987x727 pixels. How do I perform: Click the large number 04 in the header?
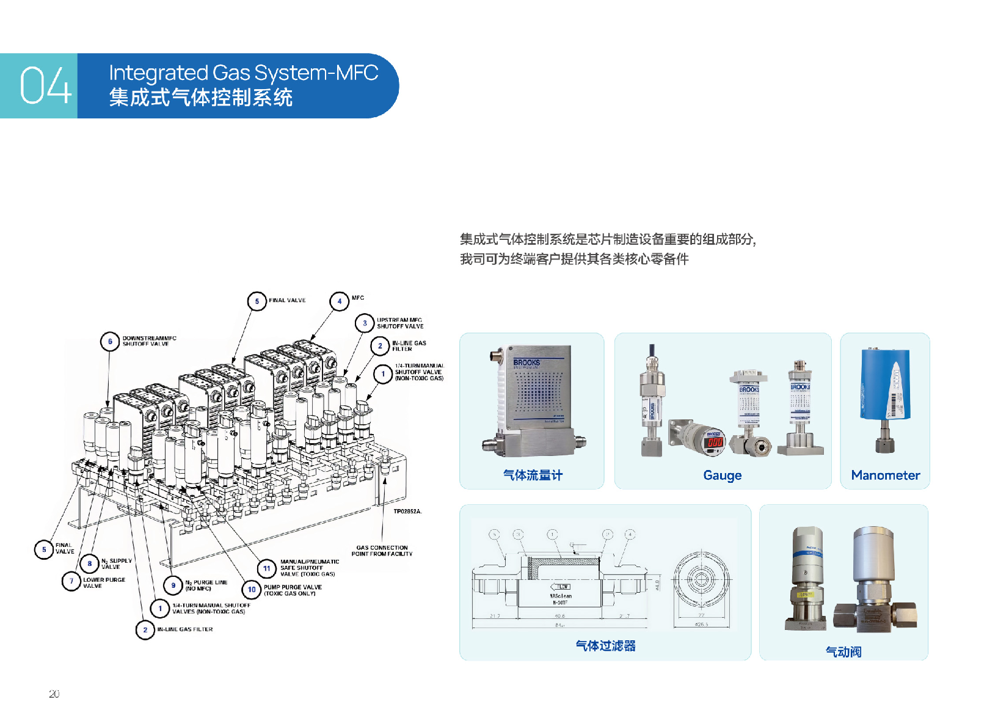(45, 85)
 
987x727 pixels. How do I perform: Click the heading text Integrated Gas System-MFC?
(243, 73)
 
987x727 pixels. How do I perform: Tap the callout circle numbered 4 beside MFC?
(339, 301)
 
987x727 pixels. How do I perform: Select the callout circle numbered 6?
(110, 341)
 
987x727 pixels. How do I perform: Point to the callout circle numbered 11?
(266, 568)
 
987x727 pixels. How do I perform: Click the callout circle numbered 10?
(252, 590)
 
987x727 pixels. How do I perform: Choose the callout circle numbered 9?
(173, 585)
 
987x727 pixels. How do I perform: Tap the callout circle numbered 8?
(90, 563)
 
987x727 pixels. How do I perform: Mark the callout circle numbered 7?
(71, 581)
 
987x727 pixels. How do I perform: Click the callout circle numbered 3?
(365, 323)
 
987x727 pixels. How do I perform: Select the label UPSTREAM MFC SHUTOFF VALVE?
(399, 323)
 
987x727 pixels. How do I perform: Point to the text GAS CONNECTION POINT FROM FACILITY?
(382, 551)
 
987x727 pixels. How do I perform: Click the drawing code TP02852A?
(407, 512)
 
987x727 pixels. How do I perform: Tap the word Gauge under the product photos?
(722, 476)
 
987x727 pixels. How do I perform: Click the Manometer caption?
(885, 476)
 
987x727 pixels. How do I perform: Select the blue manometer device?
(885, 391)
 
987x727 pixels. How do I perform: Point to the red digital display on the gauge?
(715, 442)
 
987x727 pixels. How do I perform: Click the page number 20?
(54, 694)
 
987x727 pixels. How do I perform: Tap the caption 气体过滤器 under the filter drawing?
(605, 646)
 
